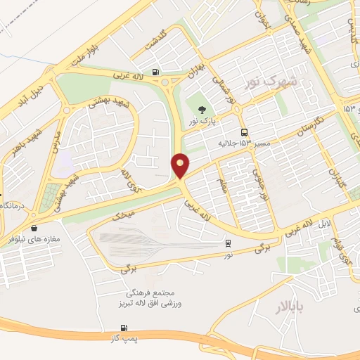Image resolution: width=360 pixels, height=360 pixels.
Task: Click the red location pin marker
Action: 181,165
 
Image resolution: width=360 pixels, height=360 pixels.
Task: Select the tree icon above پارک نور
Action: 202,109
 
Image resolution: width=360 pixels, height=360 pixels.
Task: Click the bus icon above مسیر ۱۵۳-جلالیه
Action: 244,132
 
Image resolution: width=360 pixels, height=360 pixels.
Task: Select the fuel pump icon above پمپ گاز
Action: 124,327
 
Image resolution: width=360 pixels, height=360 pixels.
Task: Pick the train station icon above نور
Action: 228,243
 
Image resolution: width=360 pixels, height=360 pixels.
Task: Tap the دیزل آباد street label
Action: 33,86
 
